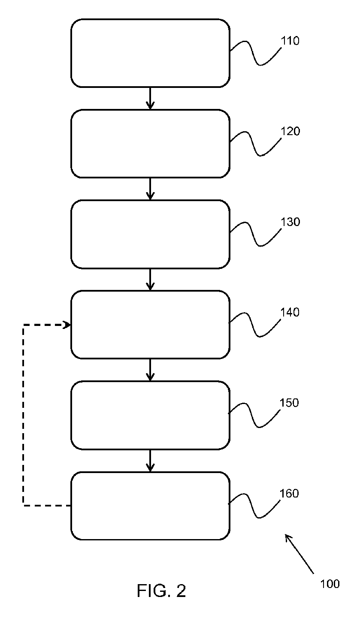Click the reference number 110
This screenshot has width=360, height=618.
tap(290, 41)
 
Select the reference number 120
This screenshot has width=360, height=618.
tap(290, 132)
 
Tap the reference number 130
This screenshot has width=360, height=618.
tap(290, 222)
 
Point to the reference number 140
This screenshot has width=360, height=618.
tap(290, 313)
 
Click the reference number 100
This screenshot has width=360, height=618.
tap(330, 584)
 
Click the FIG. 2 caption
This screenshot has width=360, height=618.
tap(162, 591)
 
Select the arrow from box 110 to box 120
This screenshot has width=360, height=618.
tap(150, 98)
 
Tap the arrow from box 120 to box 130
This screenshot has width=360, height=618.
tap(150, 189)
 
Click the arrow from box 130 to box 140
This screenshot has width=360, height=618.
tap(150, 279)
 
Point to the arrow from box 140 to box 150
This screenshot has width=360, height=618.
tap(150, 370)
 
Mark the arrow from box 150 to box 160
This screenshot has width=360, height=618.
tap(150, 461)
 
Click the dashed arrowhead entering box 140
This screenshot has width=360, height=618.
tap(67, 326)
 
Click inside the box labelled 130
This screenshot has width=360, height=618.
tap(150, 234)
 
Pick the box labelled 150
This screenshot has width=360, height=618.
tap(150, 415)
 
